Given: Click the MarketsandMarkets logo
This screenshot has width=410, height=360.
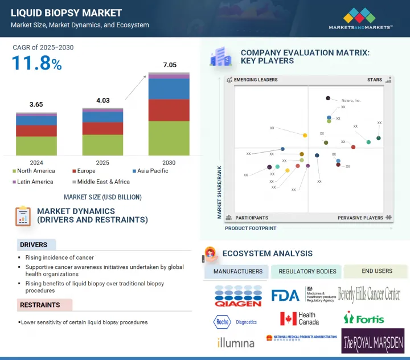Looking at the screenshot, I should pyautogui.click(x=360, y=18).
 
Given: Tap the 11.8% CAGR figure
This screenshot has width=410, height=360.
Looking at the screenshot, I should pyautogui.click(x=37, y=64).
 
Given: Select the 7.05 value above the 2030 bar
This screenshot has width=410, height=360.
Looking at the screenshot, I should pyautogui.click(x=170, y=65).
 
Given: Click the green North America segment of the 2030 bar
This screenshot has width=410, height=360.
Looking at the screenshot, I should pyautogui.click(x=169, y=138).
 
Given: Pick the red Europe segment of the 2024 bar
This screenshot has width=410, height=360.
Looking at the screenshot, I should pyautogui.click(x=36, y=130).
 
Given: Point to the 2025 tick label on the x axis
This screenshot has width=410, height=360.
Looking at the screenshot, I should pyautogui.click(x=102, y=163).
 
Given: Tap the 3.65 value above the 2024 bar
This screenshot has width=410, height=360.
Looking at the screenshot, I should pyautogui.click(x=36, y=105).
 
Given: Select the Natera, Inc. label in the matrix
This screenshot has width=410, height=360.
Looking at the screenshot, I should pyautogui.click(x=351, y=100).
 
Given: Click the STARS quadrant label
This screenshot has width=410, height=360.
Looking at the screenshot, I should pyautogui.click(x=374, y=80).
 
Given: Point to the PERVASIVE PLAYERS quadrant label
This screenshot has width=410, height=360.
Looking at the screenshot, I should pyautogui.click(x=360, y=218).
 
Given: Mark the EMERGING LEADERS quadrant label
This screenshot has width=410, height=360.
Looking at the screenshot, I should pyautogui.click(x=256, y=80).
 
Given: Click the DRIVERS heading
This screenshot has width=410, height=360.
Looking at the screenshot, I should pyautogui.click(x=34, y=245).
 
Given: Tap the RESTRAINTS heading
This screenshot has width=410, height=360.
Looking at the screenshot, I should pyautogui.click(x=40, y=305).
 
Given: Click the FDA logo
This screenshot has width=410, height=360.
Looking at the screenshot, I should pyautogui.click(x=285, y=295).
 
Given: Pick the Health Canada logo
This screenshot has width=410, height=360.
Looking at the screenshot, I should pyautogui.click(x=299, y=318).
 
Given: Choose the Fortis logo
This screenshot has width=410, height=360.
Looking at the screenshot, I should pyautogui.click(x=364, y=318).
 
